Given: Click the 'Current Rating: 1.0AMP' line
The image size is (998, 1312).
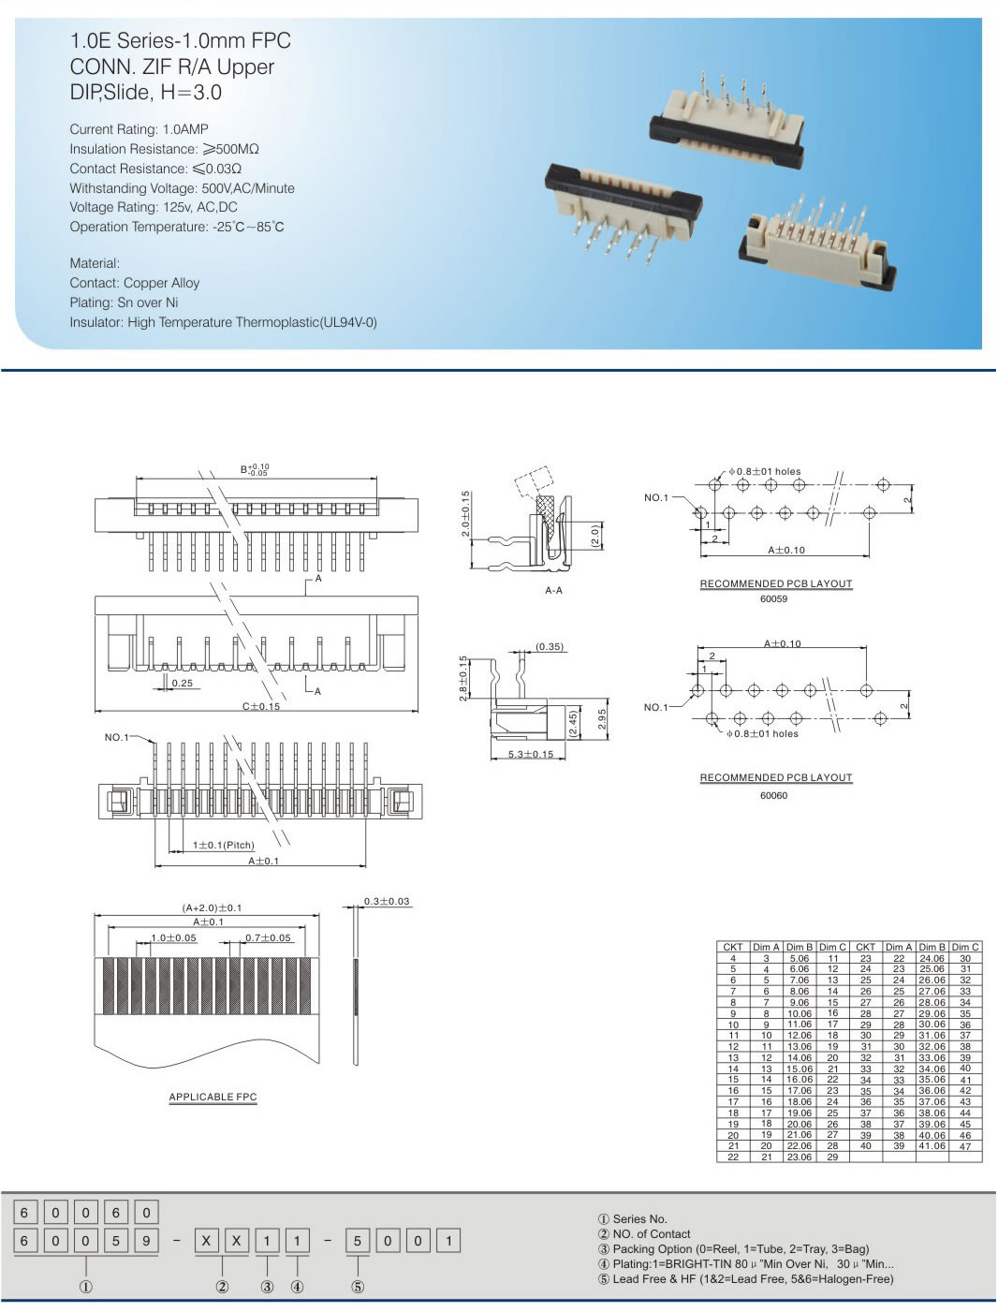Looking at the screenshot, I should [x=139, y=129].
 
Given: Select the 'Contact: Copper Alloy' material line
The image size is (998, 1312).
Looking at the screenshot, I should [x=134, y=283].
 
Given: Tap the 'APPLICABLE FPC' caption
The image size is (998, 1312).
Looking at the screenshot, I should [x=213, y=1097].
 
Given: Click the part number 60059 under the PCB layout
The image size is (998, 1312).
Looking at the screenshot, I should [x=773, y=599].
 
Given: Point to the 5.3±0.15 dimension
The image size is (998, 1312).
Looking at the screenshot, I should [x=531, y=754].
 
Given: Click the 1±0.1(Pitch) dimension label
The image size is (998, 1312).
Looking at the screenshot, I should [x=223, y=845].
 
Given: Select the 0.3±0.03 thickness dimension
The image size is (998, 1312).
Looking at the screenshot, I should [x=387, y=901].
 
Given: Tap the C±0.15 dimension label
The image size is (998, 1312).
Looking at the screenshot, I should [x=261, y=706].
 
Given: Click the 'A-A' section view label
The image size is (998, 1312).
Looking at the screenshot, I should [x=553, y=591].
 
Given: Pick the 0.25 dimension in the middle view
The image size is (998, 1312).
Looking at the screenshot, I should [x=183, y=684].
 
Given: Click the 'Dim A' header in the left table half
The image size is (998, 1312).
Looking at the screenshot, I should [x=766, y=947].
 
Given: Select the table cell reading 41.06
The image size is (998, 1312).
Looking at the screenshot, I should [x=932, y=1145].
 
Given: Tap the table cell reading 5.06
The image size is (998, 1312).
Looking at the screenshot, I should [x=799, y=958].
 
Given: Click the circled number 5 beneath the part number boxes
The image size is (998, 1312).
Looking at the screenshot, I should [x=358, y=1287].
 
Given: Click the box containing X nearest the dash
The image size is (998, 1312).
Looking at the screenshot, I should [x=206, y=1241].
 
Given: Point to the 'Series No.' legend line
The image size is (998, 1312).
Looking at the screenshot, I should [x=633, y=1218].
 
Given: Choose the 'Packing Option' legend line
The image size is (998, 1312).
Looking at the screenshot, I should [x=733, y=1248].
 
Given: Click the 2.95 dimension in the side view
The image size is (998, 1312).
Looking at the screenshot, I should [x=602, y=718].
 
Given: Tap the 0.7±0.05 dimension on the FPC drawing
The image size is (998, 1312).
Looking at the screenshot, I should [x=268, y=937].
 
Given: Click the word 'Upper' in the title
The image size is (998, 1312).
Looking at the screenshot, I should [x=245, y=66].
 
